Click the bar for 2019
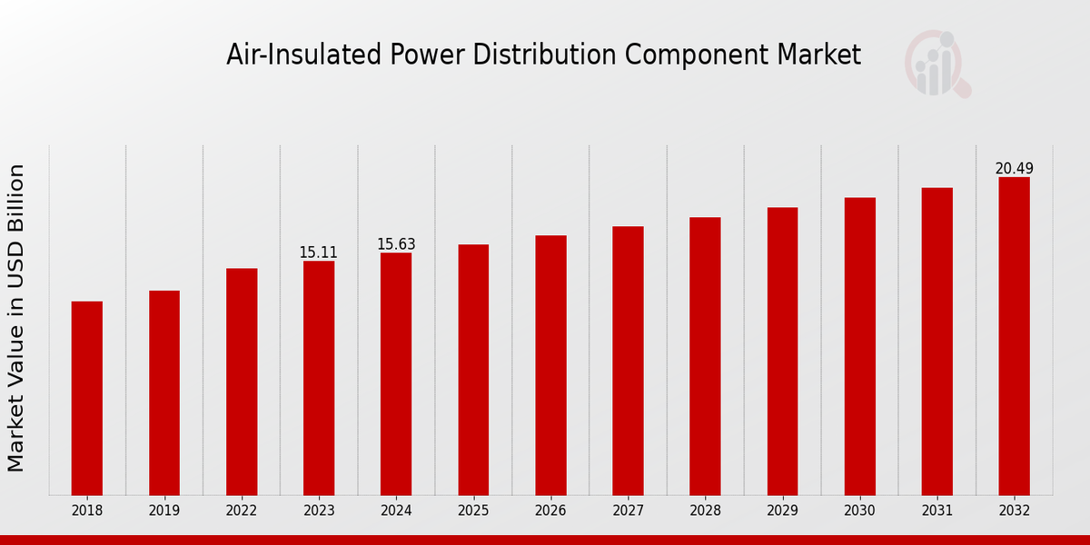[164, 392]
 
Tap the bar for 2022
[242, 381]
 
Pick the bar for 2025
[473, 370]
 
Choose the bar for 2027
[628, 361]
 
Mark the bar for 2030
[859, 346]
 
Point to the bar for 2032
[1014, 336]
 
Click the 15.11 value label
[319, 253]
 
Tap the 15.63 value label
[396, 244]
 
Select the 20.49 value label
[1014, 169]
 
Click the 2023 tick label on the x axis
[319, 511]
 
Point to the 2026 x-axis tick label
[550, 511]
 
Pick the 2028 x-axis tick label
[705, 511]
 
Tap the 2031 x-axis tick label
[936, 511]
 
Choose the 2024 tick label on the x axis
[396, 511]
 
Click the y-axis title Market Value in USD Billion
[16, 318]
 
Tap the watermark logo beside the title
[936, 64]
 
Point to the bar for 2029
[782, 352]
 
